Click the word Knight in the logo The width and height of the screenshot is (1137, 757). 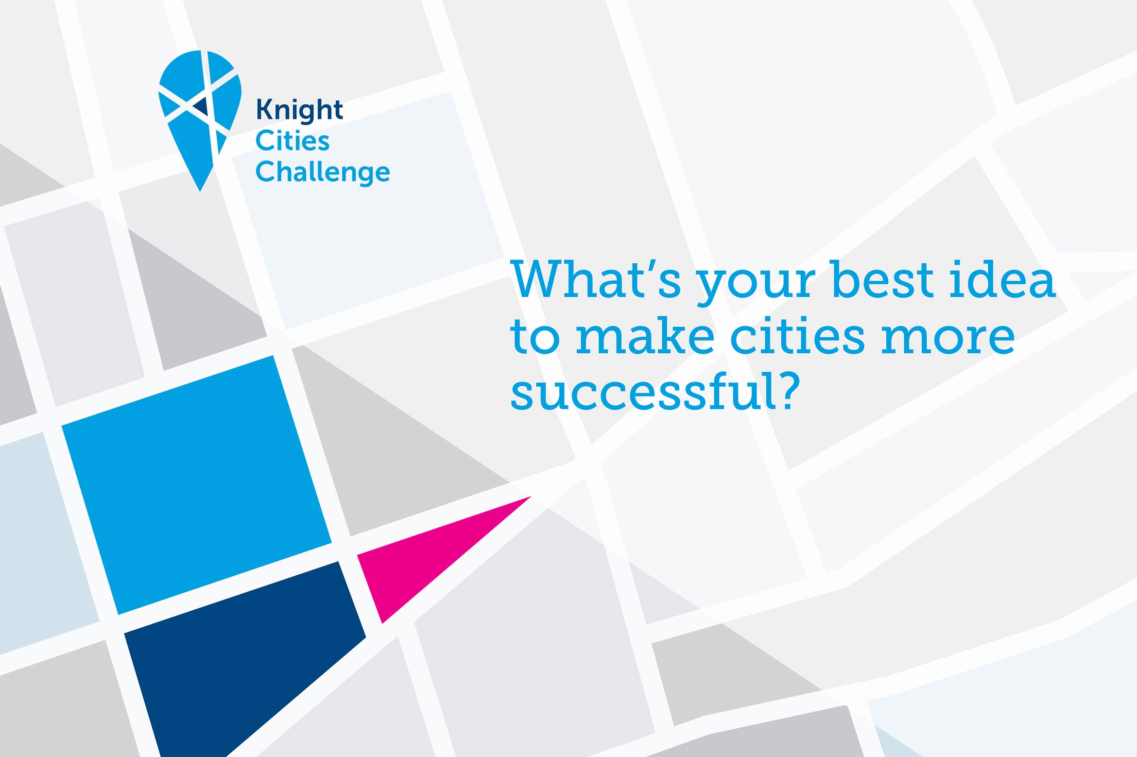[299, 110]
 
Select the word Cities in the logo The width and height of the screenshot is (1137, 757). [293, 141]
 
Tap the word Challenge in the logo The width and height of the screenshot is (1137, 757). [323, 172]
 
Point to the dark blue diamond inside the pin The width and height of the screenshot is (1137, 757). [201, 105]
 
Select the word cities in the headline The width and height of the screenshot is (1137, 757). [797, 336]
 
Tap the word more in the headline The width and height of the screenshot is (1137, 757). [947, 336]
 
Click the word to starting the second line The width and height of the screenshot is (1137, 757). [534, 336]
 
